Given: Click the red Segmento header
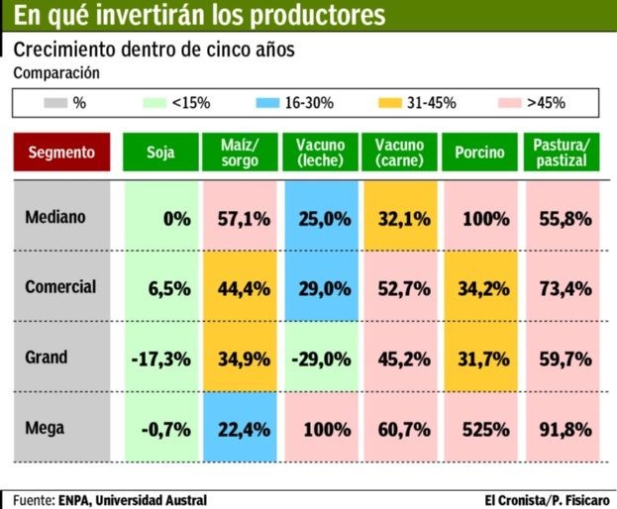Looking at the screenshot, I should [61, 153].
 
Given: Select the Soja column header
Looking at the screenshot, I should [160, 153].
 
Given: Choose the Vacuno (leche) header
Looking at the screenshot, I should [320, 153].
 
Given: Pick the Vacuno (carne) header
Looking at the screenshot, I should [399, 153].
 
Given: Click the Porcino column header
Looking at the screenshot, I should [479, 153].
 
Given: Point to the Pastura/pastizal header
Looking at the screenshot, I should [561, 153].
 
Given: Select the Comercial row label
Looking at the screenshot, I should [60, 287].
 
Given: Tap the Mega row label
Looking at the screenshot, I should [46, 428].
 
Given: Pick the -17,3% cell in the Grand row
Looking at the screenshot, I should [160, 359].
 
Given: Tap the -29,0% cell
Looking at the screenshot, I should [321, 359].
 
